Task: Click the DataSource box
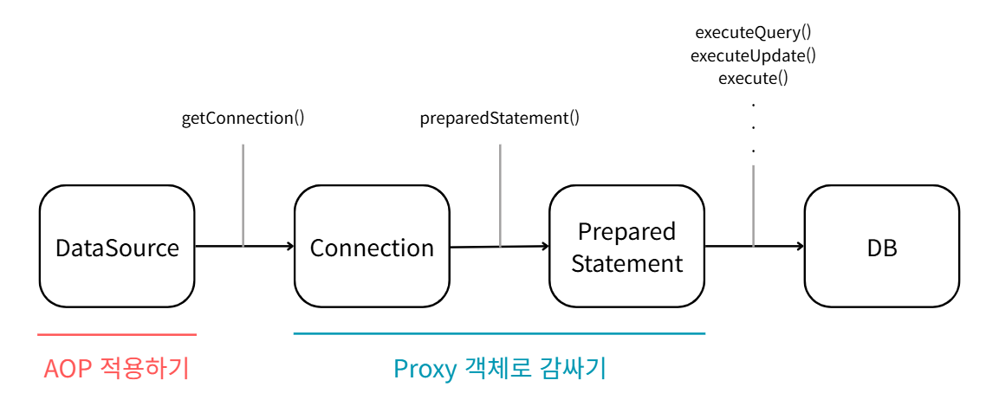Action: point(117,248)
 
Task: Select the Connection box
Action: point(372,248)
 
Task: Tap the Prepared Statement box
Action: point(626,248)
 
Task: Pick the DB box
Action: point(881,248)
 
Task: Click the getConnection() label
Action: point(243,119)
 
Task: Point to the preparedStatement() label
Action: point(499,119)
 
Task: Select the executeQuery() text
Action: point(753,34)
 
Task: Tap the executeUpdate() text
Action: point(753,56)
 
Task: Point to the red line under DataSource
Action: point(117,334)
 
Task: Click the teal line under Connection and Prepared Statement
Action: point(499,333)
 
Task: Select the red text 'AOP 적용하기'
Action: point(116,370)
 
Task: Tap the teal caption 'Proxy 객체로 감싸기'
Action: point(499,370)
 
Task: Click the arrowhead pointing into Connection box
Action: point(289,247)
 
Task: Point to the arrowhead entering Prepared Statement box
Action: point(544,246)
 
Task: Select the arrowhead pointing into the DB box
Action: point(799,246)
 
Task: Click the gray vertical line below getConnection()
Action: point(243,195)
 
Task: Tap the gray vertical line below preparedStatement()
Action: point(500,195)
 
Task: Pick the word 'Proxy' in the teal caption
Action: point(425,370)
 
